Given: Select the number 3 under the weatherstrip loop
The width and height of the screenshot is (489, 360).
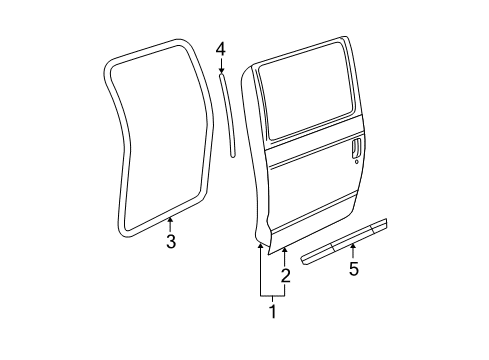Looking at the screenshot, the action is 170,241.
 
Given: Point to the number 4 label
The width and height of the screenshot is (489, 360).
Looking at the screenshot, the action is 220,48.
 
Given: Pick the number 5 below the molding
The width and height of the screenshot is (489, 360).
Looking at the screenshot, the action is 352,268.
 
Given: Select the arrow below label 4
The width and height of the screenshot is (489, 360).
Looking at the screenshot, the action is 220,66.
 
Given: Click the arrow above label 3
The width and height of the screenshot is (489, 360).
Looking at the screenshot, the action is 170,222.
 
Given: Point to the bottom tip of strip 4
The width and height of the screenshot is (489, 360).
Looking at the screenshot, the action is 234,155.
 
